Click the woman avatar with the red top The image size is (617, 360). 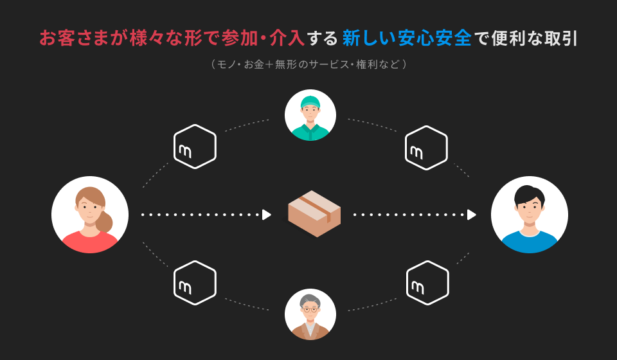(x=90, y=215)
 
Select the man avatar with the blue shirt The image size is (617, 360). (x=529, y=215)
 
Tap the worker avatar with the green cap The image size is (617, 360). (x=310, y=115)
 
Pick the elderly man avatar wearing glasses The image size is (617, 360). (x=310, y=314)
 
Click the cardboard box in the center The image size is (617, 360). (x=314, y=213)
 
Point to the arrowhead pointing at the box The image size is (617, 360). (x=267, y=215)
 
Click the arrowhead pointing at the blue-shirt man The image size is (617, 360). (x=472, y=215)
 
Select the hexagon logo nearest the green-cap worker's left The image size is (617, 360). (x=195, y=147)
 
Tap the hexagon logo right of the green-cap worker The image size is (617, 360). (x=426, y=148)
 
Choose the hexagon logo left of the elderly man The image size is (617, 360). (x=195, y=283)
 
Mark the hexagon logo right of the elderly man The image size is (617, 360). (x=427, y=283)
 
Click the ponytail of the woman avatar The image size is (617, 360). (x=104, y=222)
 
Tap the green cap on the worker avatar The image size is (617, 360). (x=310, y=102)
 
